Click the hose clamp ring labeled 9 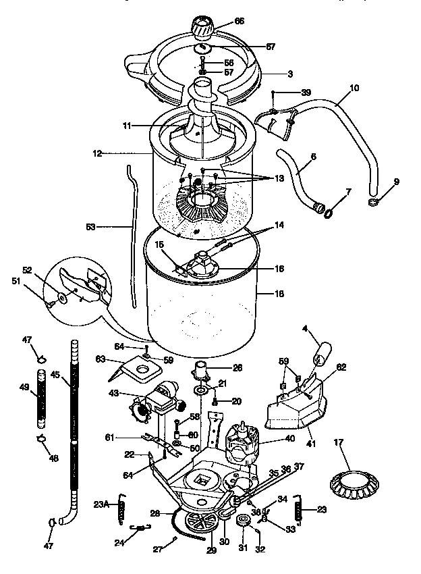click(373, 201)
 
